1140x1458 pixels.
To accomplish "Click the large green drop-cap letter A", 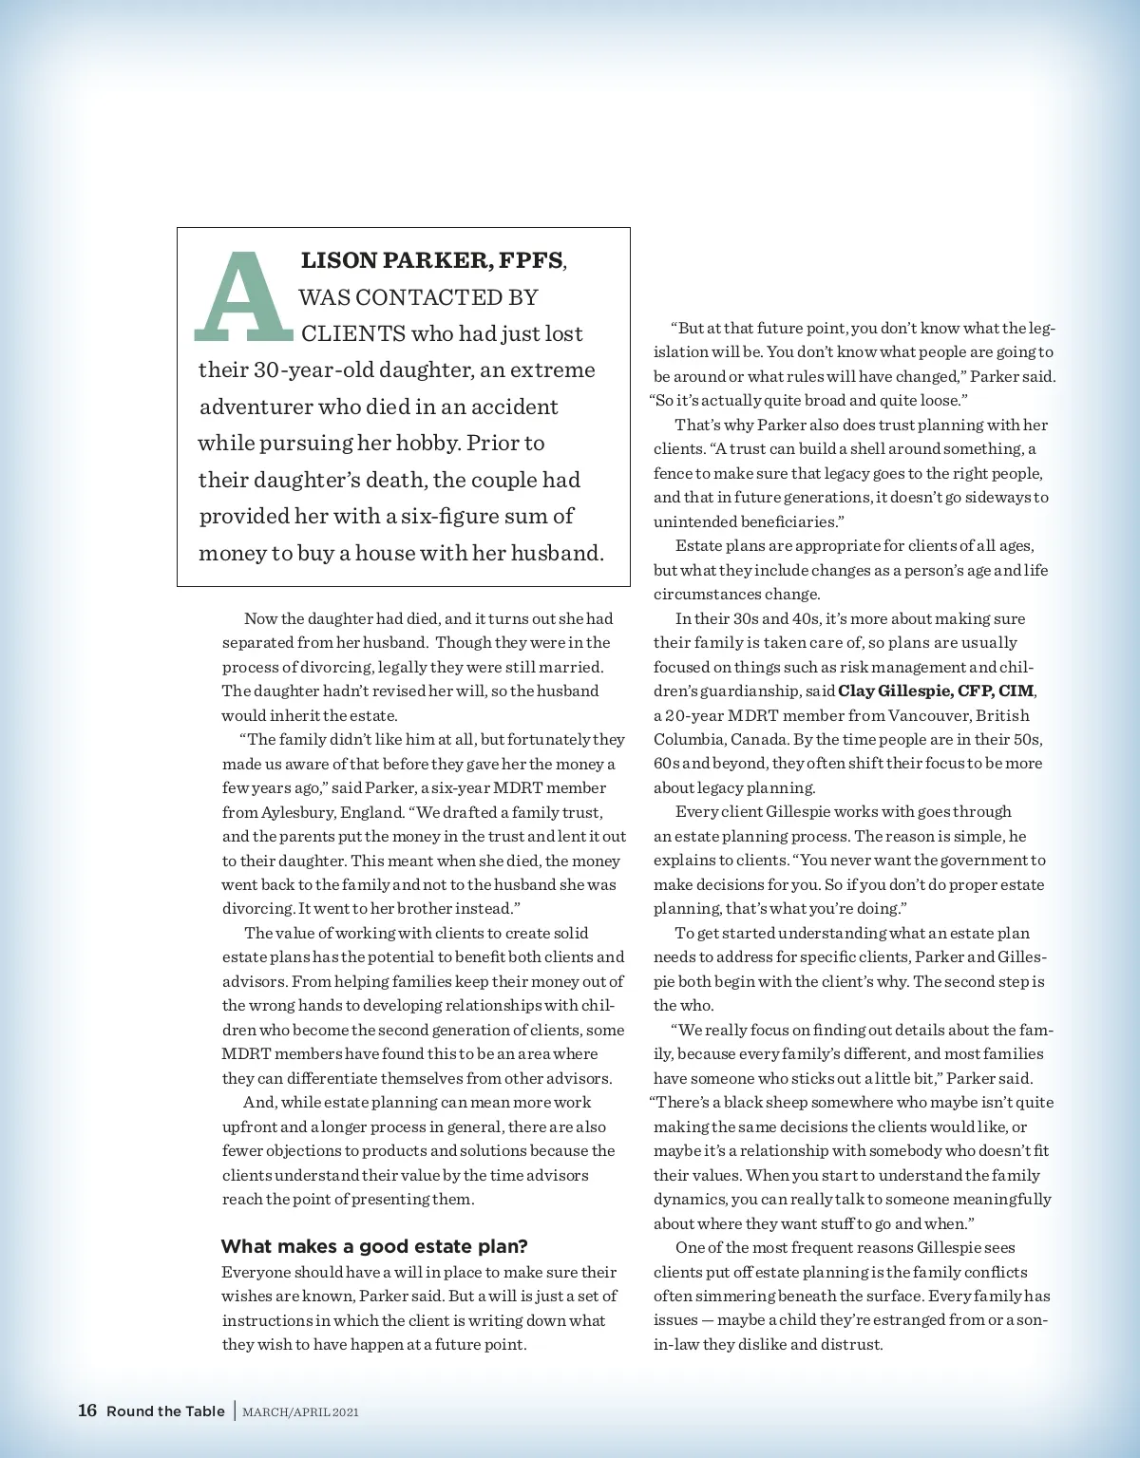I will coord(243,296).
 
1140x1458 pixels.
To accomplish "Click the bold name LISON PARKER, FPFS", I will coord(432,260).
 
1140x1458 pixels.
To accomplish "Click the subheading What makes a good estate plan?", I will coord(374,1246).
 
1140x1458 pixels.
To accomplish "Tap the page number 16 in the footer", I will coord(87,1411).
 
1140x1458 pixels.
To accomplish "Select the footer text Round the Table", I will coord(165,1411).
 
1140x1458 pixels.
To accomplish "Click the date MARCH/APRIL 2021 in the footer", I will coord(301,1412).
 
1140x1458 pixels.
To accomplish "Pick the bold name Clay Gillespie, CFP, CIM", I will coord(936,691).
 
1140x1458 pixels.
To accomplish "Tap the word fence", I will coord(673,473).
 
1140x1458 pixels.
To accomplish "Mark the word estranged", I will coord(899,1319).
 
